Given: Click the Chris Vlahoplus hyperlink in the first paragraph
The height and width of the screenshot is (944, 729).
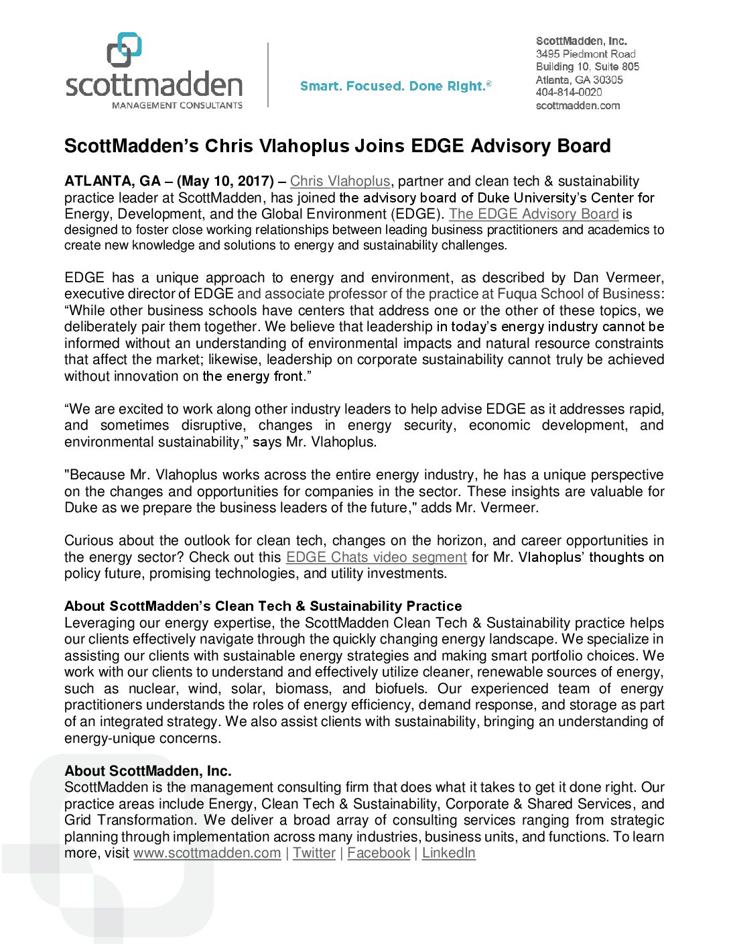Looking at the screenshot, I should [340, 181].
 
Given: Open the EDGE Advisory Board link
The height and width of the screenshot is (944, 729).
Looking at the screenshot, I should [533, 214].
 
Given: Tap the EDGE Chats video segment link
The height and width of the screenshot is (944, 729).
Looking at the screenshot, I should [376, 557].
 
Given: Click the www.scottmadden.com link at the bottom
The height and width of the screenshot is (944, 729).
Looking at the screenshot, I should [207, 853].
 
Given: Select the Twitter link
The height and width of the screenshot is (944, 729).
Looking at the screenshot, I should [314, 853].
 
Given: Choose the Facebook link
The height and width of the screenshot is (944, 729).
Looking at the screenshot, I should [379, 853].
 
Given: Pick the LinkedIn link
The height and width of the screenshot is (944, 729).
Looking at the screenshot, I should [448, 853].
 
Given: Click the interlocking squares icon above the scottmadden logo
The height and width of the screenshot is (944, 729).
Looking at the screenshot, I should [124, 50].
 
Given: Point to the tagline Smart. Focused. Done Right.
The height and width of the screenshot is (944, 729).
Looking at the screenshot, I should [395, 86].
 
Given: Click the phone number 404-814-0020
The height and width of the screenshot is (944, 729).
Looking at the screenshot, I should [569, 93].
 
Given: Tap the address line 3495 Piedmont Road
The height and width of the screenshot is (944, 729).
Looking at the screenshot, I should [586, 54].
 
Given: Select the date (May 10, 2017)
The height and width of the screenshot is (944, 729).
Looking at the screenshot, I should [225, 181].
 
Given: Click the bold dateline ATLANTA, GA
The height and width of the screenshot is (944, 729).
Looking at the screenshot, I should [113, 181].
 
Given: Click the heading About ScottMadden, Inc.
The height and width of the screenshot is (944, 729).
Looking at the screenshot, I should [148, 771].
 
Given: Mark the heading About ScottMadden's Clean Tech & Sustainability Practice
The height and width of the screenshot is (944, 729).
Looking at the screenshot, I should [263, 606].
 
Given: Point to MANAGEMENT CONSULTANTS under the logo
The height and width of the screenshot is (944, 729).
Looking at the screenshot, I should [177, 105].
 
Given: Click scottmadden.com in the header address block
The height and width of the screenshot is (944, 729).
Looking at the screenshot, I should [578, 105].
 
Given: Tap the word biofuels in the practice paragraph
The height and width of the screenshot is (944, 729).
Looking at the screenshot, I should [400, 689].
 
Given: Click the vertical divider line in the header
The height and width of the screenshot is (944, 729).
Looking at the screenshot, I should [269, 74].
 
